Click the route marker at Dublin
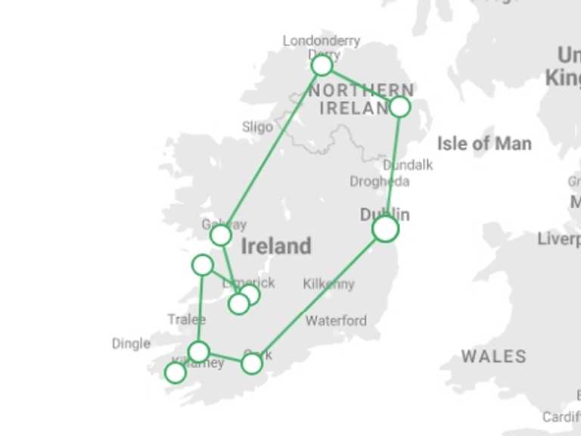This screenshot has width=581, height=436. pos(385,228)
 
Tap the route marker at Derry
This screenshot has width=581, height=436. pos(322,65)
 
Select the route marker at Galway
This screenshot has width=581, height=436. pos(220,235)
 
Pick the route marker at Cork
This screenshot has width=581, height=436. pos(252,363)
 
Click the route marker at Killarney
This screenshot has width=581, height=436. pos(198,351)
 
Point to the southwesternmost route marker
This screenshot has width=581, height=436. pos(175,372)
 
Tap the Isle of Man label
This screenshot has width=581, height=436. pos(484,143)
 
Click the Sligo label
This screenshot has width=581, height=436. pos(257,126)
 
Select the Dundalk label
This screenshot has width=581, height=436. pos(408,164)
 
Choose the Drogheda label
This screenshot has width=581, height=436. pos(380,182)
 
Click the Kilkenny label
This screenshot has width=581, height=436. pos(328,284)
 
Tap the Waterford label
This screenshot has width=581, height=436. pos(336,320)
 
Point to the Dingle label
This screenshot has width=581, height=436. pos(131,344)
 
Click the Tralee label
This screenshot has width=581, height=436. pos(186,319)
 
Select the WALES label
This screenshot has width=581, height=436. pos(493,356)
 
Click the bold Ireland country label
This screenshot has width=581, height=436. pos(276,246)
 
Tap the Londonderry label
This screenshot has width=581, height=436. pos(322,41)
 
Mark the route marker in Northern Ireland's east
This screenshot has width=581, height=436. pos(399,107)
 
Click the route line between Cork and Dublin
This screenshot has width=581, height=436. pos(318,296)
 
